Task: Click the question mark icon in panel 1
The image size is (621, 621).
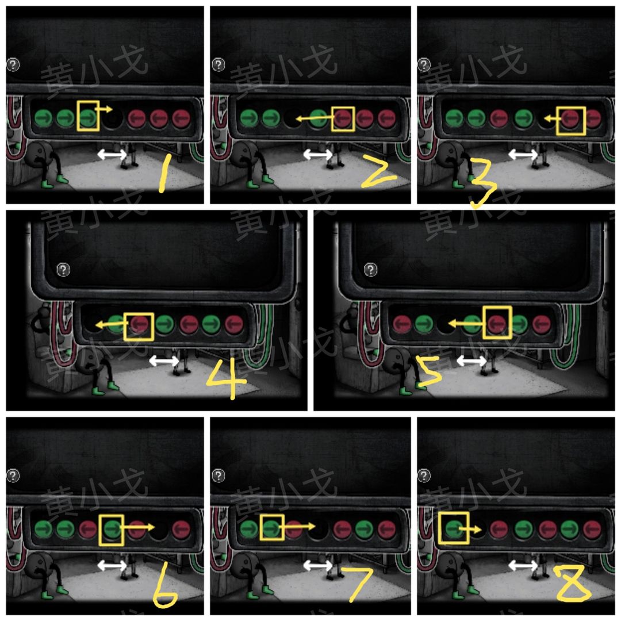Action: [13, 64]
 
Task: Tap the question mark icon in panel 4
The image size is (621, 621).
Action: [63, 270]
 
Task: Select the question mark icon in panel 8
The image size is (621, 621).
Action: [424, 476]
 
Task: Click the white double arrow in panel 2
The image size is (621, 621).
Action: [317, 155]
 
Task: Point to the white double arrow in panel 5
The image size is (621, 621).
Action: [471, 361]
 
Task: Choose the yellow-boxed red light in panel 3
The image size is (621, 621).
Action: [570, 118]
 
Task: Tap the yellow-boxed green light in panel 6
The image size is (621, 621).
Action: [112, 529]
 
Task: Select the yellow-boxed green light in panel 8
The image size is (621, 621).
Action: [454, 529]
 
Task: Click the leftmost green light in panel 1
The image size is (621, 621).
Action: [43, 118]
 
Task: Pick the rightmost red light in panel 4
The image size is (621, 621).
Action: [233, 324]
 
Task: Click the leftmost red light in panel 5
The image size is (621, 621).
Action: [401, 324]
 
